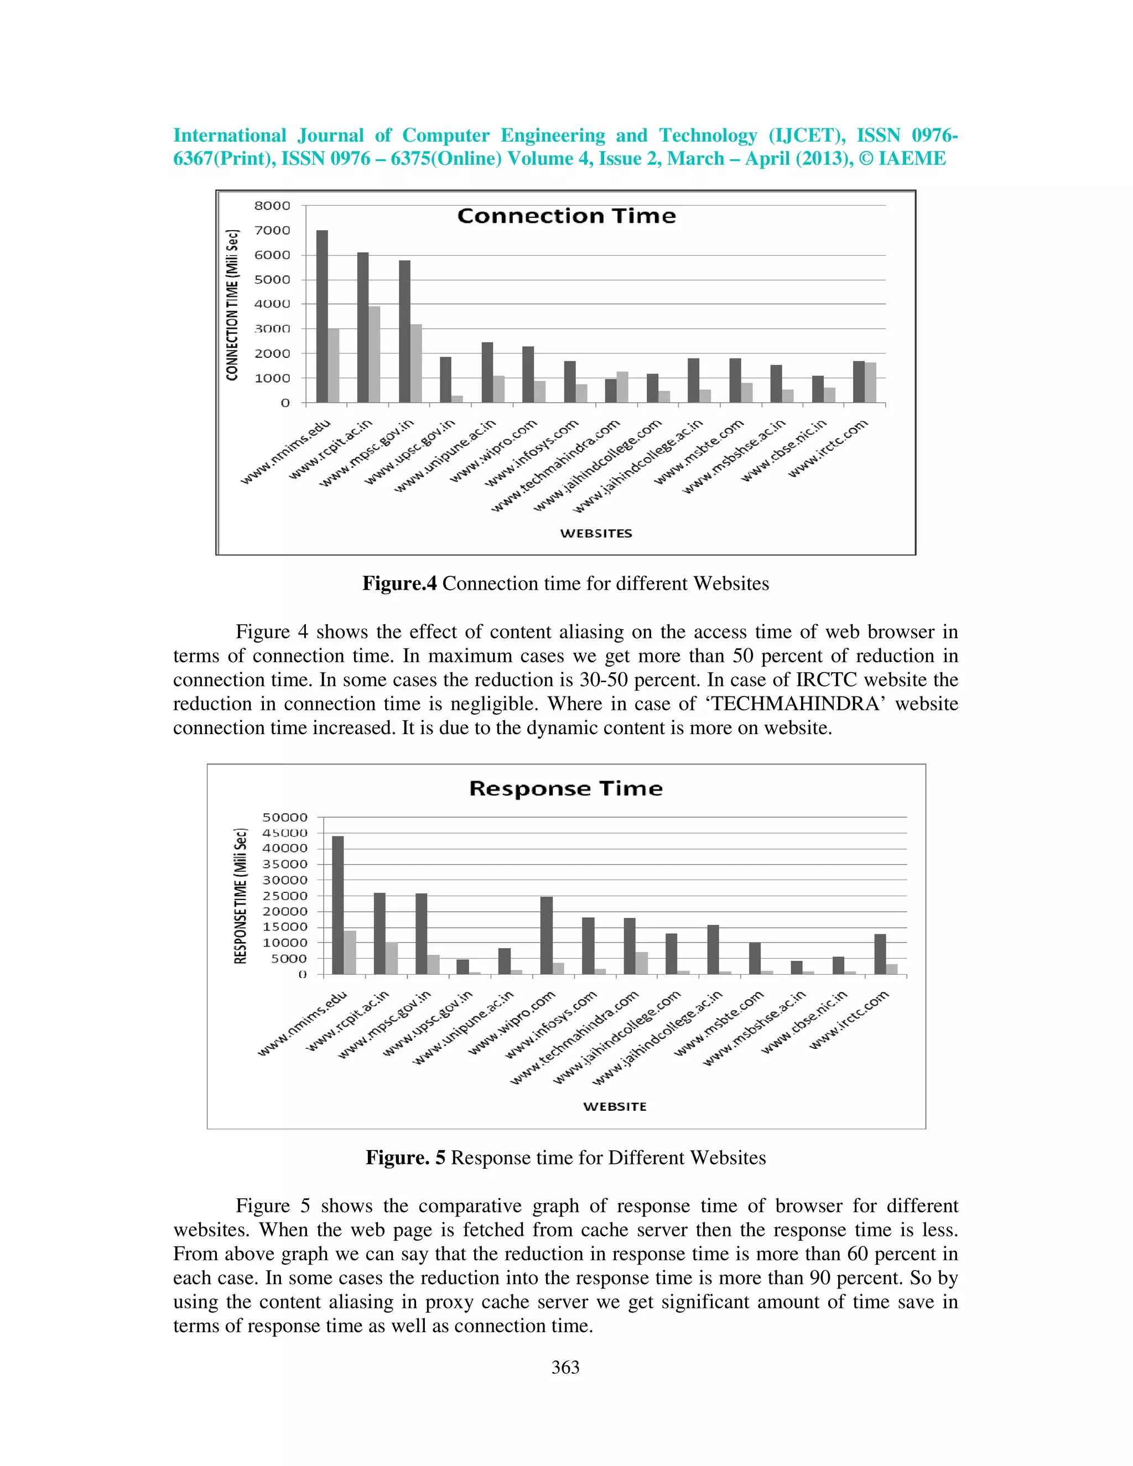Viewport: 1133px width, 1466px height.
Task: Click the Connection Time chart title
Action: click(566, 216)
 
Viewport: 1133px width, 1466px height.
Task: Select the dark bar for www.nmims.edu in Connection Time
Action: click(322, 315)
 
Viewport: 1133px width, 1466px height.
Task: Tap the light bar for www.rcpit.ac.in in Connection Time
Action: click(375, 355)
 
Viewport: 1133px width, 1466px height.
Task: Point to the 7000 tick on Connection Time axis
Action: click(272, 230)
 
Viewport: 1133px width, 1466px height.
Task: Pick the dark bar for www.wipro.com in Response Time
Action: click(547, 935)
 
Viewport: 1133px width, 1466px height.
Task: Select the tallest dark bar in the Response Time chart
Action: click(337, 905)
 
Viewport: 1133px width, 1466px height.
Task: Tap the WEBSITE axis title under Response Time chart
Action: click(614, 1106)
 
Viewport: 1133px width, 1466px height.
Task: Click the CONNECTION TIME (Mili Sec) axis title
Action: click(233, 305)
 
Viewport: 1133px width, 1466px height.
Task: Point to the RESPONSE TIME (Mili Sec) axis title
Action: click(240, 896)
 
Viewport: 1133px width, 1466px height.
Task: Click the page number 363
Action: click(565, 1368)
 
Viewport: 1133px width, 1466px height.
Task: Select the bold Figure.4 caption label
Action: click(399, 583)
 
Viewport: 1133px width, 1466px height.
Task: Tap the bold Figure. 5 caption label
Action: click(405, 1157)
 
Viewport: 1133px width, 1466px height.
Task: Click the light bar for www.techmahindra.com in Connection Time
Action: click(623, 387)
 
